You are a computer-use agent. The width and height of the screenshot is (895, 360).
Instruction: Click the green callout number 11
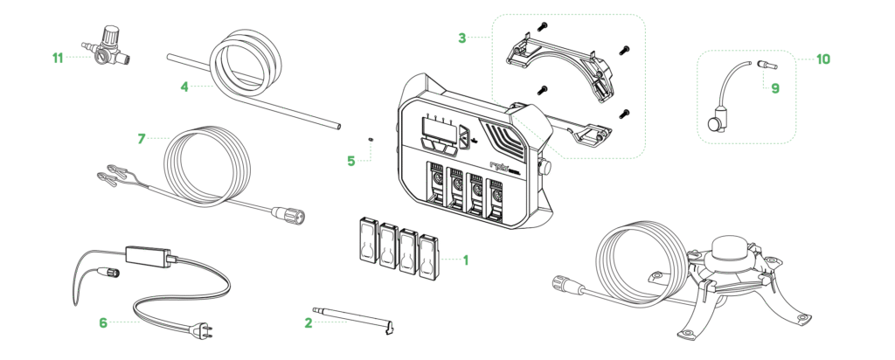tap(58, 59)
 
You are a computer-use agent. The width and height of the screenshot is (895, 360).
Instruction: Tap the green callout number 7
tap(142, 138)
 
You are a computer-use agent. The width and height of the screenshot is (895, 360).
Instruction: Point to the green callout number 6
tap(103, 322)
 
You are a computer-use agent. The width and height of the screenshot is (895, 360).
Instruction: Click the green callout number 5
tap(351, 162)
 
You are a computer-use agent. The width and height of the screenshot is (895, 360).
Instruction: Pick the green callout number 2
tap(308, 322)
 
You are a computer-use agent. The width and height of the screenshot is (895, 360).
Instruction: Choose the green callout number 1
tap(466, 260)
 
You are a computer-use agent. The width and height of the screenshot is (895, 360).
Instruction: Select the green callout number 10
tap(822, 59)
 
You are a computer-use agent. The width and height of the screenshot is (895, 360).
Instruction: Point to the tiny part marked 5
tap(372, 137)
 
